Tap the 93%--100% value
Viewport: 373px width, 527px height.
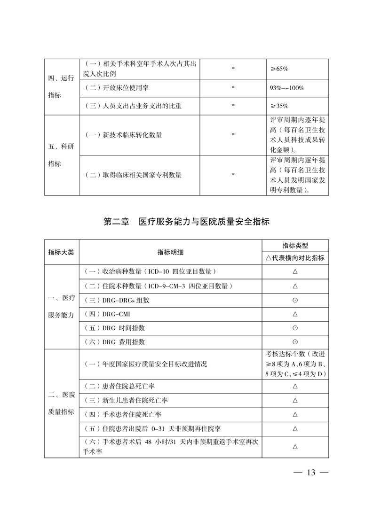(x=286, y=88)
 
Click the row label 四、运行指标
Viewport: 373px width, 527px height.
(x=61, y=87)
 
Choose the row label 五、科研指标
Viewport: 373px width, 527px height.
(x=61, y=155)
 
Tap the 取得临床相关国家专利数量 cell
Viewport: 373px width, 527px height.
(x=133, y=175)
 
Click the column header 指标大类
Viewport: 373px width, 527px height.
(x=61, y=252)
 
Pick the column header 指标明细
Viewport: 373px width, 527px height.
(x=170, y=252)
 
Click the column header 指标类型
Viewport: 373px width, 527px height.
(x=295, y=246)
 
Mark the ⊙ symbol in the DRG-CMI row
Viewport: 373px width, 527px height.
(x=295, y=314)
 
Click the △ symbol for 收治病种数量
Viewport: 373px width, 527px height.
(x=295, y=271)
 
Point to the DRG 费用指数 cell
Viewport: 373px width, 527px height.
(x=114, y=342)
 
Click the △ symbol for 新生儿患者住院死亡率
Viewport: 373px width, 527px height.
(x=295, y=400)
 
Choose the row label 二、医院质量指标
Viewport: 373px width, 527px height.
(x=61, y=403)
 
